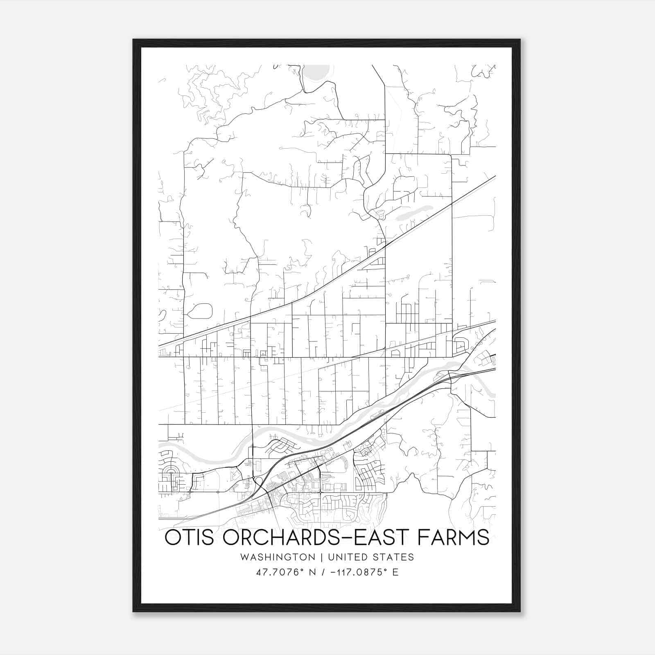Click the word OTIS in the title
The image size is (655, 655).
click(189, 538)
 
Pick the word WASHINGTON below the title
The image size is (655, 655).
click(278, 557)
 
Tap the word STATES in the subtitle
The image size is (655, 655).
click(395, 557)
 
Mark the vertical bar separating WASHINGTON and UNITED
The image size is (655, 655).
click(322, 557)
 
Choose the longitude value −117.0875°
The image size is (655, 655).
click(359, 572)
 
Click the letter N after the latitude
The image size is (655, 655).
click(312, 572)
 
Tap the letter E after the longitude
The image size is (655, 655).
click(395, 572)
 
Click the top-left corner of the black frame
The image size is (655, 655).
click(134, 40)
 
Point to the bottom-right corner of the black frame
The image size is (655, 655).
click(519, 611)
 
